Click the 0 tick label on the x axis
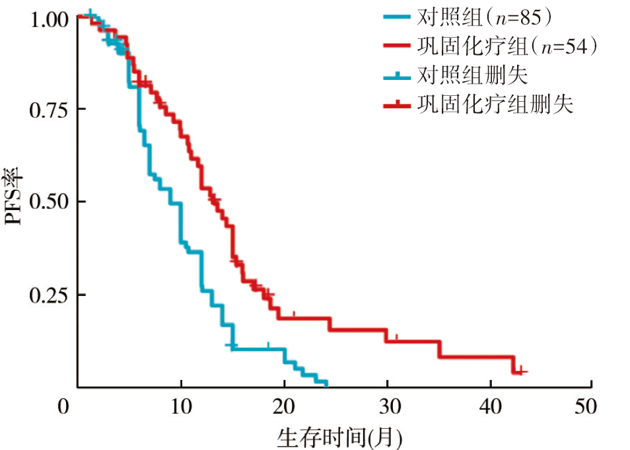click(x=63, y=406)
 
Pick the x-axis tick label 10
click(x=180, y=406)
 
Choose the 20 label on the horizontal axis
click(x=284, y=406)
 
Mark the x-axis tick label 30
click(x=387, y=406)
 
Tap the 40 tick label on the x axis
click(x=490, y=406)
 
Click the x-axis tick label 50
click(x=592, y=406)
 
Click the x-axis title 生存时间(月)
click(x=339, y=437)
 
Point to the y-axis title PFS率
click(x=16, y=198)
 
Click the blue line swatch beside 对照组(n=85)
click(x=399, y=16)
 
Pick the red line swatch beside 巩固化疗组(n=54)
click(x=399, y=46)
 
